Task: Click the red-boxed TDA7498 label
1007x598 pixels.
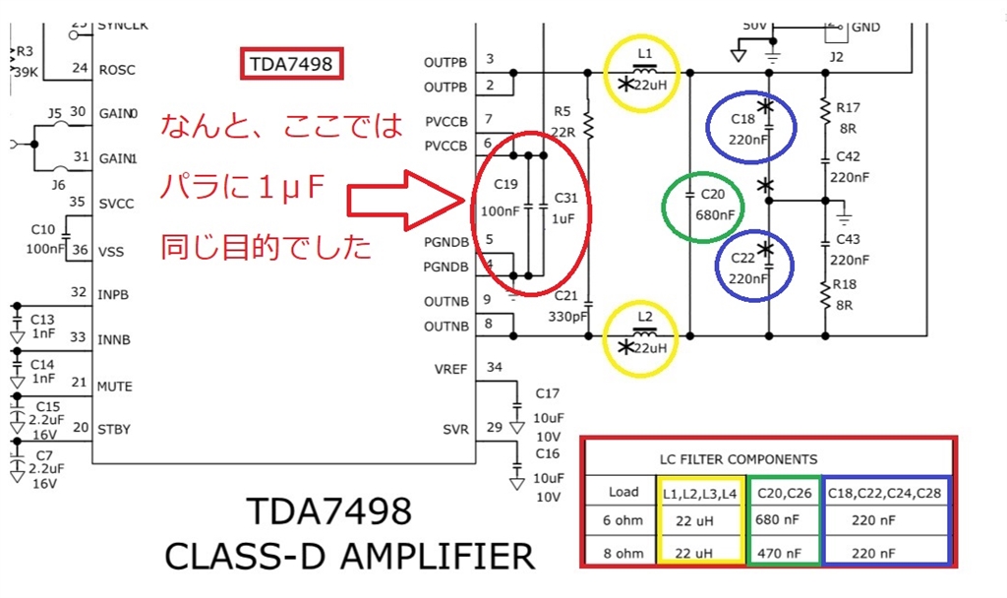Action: click(x=293, y=66)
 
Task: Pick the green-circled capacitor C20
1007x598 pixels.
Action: click(x=702, y=207)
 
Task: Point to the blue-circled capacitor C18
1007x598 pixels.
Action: click(x=749, y=128)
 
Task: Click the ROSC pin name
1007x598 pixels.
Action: click(x=117, y=70)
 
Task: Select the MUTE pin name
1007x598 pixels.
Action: click(x=114, y=387)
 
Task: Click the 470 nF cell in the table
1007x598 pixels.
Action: click(x=783, y=553)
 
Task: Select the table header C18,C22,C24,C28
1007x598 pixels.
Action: click(x=887, y=490)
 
